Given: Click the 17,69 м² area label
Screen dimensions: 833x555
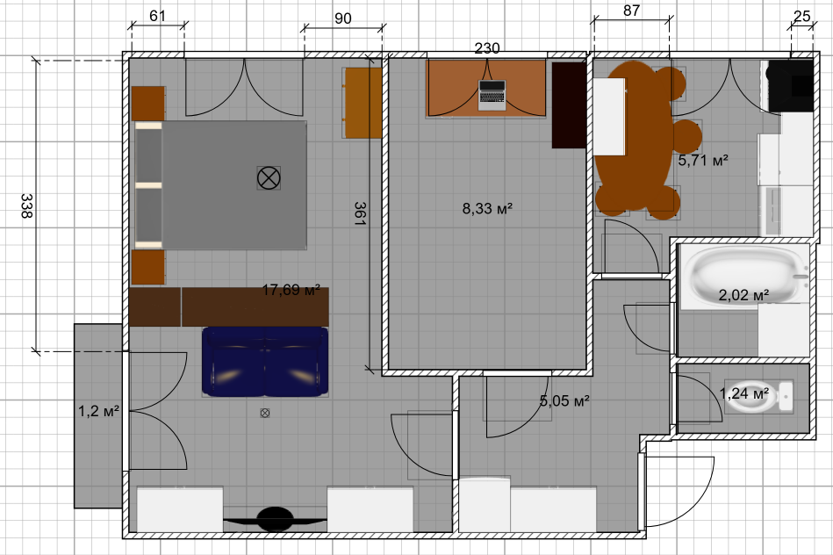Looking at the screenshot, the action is pyautogui.click(x=291, y=290).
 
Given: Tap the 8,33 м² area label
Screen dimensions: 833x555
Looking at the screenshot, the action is pyautogui.click(x=487, y=208).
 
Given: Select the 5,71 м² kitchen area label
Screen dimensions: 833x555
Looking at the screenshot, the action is pyautogui.click(x=703, y=160).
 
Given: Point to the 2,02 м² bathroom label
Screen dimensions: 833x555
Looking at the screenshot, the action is pyautogui.click(x=743, y=294).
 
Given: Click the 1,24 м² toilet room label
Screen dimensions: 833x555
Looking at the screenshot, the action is pyautogui.click(x=743, y=393).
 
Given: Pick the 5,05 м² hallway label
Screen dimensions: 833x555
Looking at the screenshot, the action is pyautogui.click(x=564, y=400).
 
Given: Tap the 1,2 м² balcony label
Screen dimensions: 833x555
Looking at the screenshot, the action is pyautogui.click(x=99, y=411).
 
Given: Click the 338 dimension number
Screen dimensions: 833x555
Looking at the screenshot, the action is pyautogui.click(x=26, y=205).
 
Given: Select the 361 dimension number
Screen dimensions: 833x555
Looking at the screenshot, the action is pyautogui.click(x=360, y=213).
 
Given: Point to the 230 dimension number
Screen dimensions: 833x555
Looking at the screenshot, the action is pyautogui.click(x=487, y=48).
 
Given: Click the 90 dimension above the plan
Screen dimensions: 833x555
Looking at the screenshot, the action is pyautogui.click(x=343, y=18).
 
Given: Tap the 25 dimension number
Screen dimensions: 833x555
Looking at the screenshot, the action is pyautogui.click(x=801, y=17).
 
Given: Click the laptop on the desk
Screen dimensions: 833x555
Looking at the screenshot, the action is pyautogui.click(x=492, y=95).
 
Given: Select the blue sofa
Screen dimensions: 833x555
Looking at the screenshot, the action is pyautogui.click(x=265, y=362).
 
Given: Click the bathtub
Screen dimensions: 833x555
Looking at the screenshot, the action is pyautogui.click(x=743, y=277).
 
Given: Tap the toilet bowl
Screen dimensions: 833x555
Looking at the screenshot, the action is pyautogui.click(x=758, y=397).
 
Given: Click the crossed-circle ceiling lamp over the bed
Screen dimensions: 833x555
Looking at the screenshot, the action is pyautogui.click(x=269, y=177).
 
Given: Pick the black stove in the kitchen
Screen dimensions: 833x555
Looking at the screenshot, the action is pyautogui.click(x=790, y=85).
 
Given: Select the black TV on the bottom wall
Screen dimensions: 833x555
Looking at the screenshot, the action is pyautogui.click(x=275, y=519).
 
